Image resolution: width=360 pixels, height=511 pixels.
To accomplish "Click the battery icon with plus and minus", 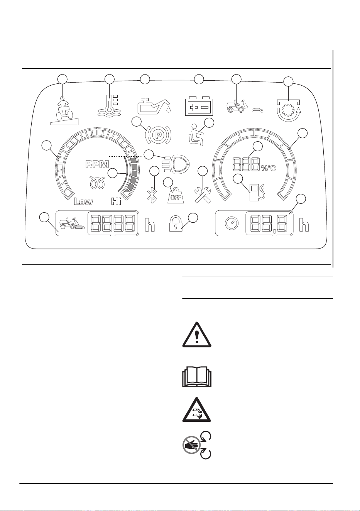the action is [199, 107].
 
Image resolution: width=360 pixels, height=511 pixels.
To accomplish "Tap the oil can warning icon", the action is [154, 106].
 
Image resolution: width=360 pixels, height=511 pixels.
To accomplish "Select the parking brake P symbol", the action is [158, 135].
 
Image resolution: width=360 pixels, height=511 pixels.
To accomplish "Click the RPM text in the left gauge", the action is [97, 164].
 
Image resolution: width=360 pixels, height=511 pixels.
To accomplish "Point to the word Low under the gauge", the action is [83, 201].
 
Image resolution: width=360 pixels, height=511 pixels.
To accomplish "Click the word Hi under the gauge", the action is [116, 201].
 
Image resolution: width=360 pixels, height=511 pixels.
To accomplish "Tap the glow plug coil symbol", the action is [98, 183].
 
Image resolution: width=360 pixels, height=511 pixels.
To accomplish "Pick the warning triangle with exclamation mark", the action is [197, 335].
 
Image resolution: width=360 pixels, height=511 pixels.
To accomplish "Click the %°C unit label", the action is [268, 168].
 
